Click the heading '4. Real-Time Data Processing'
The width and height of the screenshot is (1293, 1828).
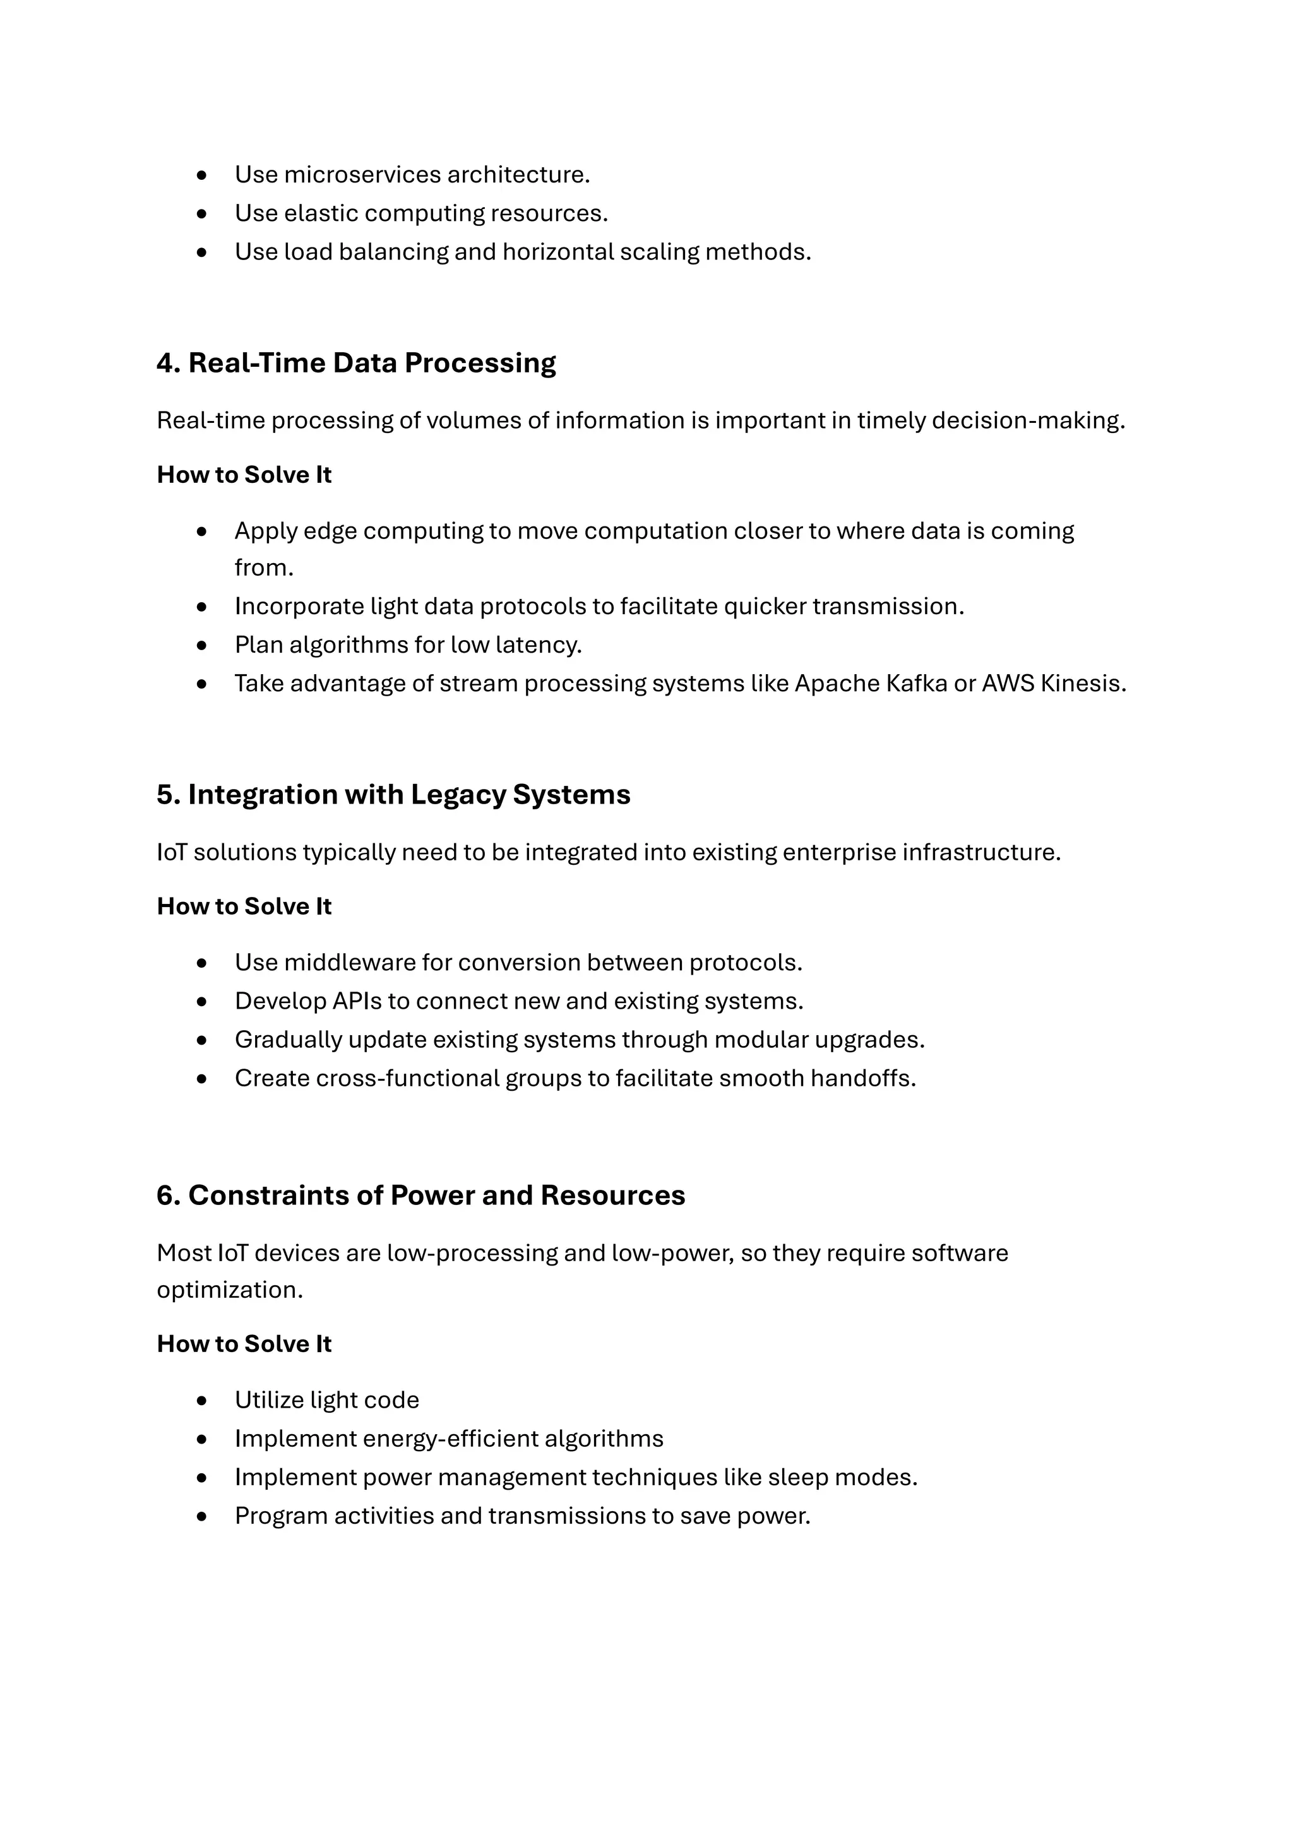356,363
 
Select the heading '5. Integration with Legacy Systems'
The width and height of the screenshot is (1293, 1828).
393,795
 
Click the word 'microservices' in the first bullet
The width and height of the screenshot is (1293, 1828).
362,174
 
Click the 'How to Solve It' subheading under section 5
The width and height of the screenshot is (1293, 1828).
244,906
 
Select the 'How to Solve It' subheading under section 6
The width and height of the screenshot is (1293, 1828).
244,1344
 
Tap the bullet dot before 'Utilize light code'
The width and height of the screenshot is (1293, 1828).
201,1401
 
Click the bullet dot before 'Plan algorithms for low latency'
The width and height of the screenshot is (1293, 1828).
201,645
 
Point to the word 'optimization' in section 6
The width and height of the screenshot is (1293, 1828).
229,1290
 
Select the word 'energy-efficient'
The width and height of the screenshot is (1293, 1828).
450,1439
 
